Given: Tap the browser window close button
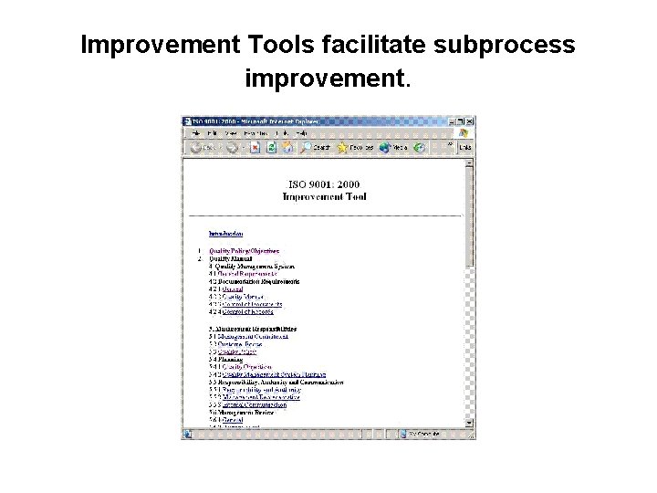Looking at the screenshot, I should coord(469,121).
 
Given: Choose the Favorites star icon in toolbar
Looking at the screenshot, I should coord(355,146).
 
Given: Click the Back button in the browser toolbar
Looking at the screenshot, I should coord(203,146).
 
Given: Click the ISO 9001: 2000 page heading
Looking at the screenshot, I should coord(329,183).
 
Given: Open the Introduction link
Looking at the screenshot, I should coord(225,234).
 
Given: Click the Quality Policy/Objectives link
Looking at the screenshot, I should coord(244,250).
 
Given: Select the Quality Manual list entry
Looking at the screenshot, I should coord(230,258).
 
